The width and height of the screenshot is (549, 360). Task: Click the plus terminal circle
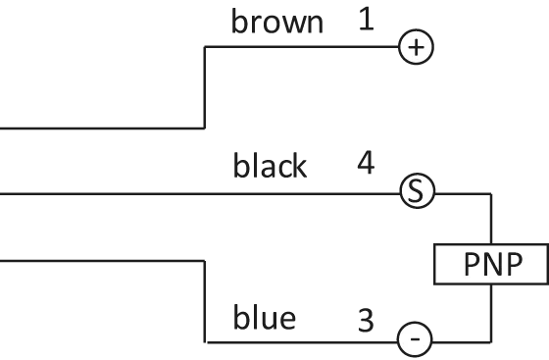416,47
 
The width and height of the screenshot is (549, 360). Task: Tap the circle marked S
416,191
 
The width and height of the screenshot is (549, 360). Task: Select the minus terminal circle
414,339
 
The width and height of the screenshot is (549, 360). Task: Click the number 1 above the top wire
364,17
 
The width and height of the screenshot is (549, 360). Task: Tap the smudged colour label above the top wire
277,24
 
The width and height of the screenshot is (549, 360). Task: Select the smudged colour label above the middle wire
270,166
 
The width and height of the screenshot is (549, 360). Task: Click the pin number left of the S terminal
365,165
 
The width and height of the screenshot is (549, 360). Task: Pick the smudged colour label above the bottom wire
262,315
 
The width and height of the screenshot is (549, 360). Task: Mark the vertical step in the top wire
204,86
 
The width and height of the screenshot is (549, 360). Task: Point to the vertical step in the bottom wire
204,302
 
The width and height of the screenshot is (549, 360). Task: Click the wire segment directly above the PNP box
489,218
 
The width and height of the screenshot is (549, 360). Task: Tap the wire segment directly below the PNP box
489,312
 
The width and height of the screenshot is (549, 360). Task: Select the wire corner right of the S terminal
489,192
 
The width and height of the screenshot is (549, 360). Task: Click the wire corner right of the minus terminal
489,339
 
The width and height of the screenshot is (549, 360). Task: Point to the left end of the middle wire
3,191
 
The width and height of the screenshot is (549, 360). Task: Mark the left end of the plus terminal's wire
3,129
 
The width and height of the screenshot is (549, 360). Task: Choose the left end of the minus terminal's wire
3,264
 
